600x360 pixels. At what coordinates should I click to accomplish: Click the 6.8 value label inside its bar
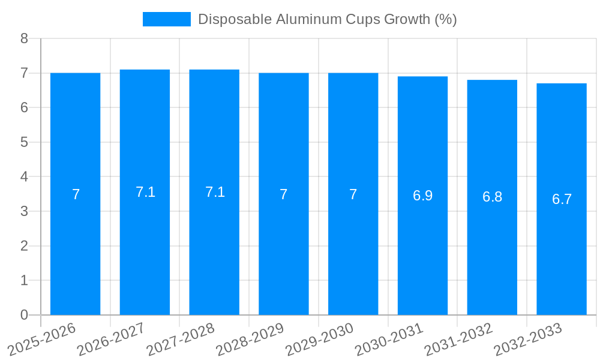(x=492, y=197)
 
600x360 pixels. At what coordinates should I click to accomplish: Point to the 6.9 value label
(x=422, y=196)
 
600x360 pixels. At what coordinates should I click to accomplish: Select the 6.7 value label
(x=562, y=199)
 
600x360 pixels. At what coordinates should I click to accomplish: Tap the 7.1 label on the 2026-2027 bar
(x=145, y=192)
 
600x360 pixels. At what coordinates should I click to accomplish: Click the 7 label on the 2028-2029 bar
(x=284, y=194)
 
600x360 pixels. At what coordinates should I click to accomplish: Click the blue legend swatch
(x=166, y=19)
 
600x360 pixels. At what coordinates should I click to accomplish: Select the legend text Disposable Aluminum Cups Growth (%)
(x=327, y=19)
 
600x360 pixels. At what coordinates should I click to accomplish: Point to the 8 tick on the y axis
(x=24, y=38)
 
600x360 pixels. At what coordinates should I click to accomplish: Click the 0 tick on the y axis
(x=24, y=315)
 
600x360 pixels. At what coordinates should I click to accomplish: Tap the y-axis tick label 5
(x=24, y=142)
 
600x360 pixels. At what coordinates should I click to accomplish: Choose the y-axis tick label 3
(x=24, y=211)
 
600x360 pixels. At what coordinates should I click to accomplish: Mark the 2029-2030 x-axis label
(x=320, y=339)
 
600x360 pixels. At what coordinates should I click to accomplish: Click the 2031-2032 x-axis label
(x=459, y=339)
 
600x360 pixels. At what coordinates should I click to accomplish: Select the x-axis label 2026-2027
(x=112, y=339)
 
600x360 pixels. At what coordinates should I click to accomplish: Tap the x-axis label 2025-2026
(x=42, y=339)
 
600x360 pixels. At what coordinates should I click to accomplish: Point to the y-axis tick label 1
(x=24, y=280)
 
